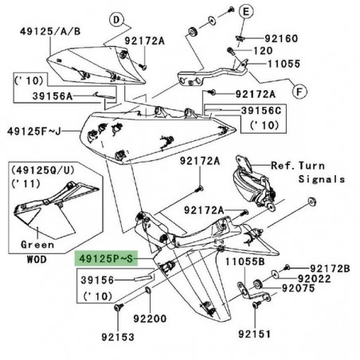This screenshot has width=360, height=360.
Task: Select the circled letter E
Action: click(x=245, y=12)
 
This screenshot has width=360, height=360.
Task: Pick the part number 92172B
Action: click(x=331, y=268)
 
